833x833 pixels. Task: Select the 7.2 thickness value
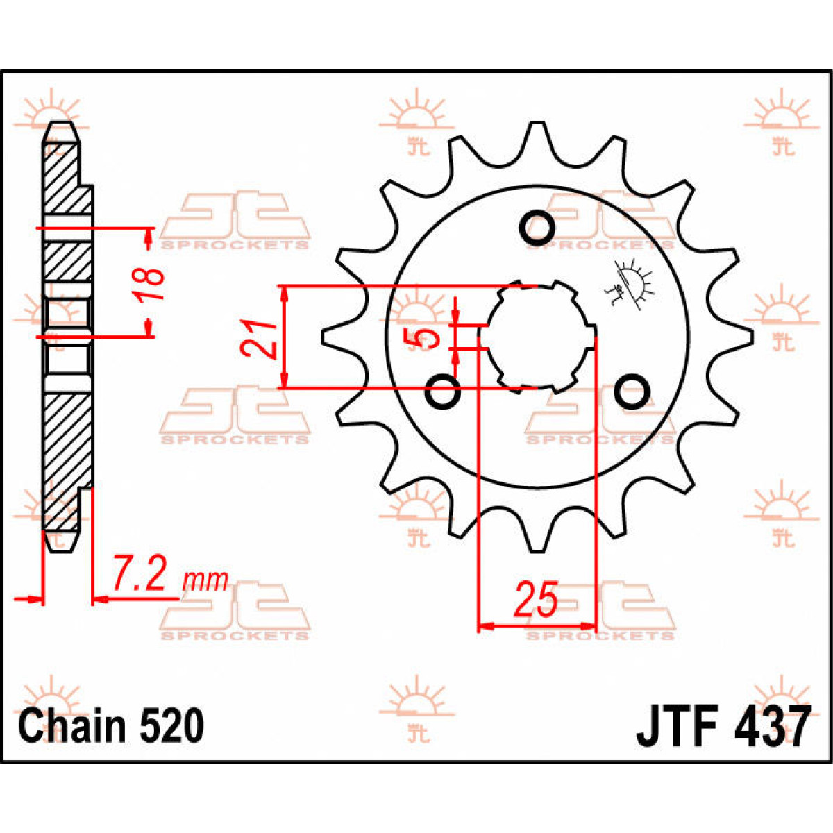[141, 574]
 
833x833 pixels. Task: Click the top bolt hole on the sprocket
[537, 226]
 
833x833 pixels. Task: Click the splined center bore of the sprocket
[537, 337]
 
